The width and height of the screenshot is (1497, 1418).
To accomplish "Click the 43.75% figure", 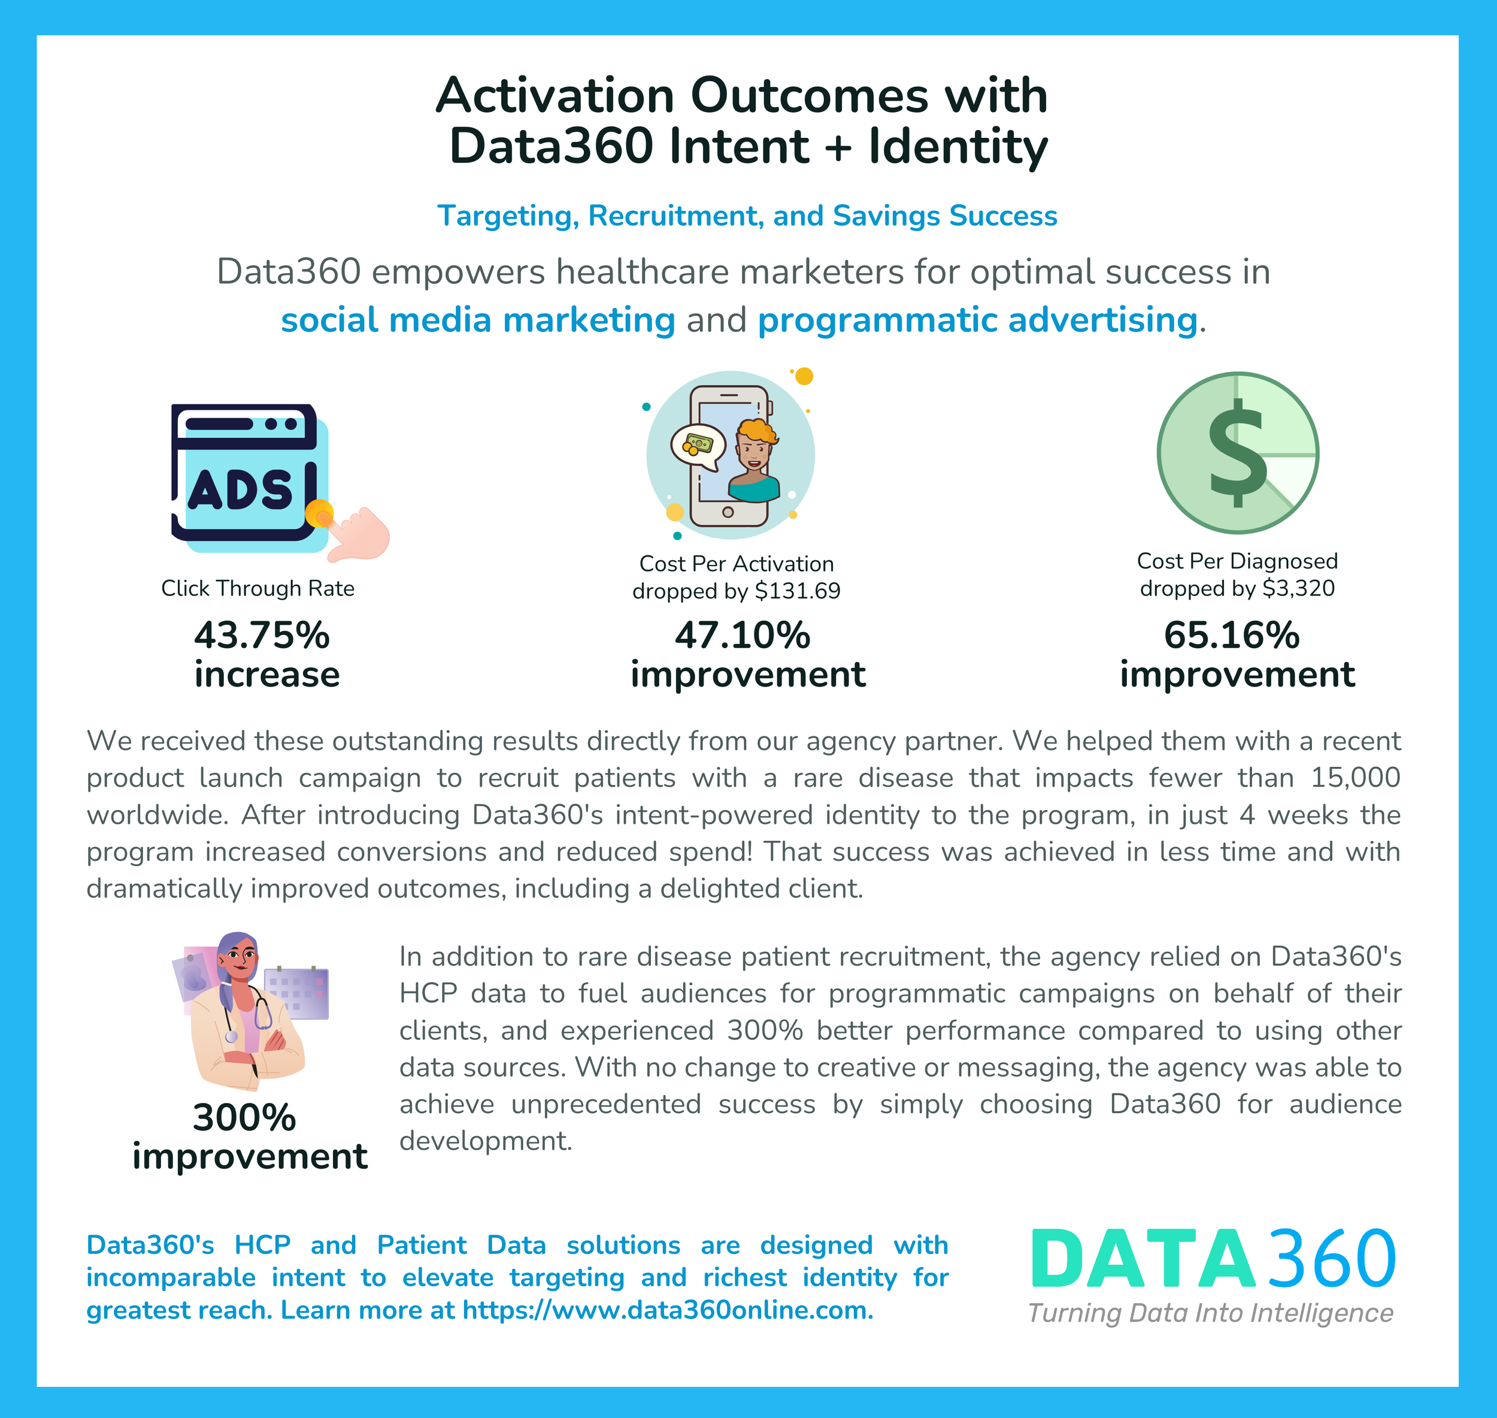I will (262, 635).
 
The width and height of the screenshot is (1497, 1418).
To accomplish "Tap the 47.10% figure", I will (742, 635).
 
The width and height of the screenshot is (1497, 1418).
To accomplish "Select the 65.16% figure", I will (1231, 635).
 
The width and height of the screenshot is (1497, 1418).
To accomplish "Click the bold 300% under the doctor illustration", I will (244, 1117).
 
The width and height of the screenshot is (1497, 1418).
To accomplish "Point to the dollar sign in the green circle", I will (1237, 453).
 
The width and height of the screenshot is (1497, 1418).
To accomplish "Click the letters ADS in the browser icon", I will (240, 491).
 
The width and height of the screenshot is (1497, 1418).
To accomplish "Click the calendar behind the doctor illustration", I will (296, 993).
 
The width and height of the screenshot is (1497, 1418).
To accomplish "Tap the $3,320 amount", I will (1298, 588).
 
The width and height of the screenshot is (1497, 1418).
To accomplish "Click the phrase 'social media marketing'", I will (478, 320).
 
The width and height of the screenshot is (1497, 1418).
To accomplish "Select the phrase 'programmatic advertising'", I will (977, 320).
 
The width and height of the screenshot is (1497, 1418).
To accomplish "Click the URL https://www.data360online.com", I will (666, 1310).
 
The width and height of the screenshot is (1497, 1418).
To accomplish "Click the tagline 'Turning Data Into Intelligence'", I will (1210, 1313).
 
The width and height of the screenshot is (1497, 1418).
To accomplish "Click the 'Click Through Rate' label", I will (257, 588).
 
